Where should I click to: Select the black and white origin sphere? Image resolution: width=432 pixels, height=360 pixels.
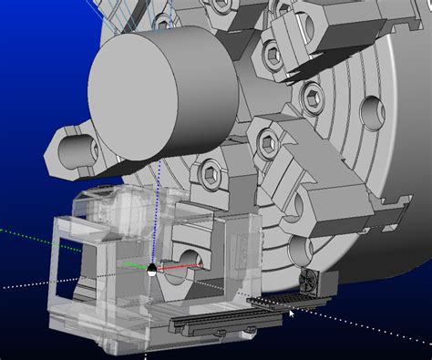click(x=151, y=269)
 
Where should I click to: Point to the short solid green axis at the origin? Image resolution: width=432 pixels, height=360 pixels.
click(x=134, y=267)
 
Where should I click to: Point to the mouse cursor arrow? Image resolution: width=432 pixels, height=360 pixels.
click(x=292, y=314)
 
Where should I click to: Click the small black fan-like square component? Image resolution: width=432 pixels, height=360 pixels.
click(x=310, y=284)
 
